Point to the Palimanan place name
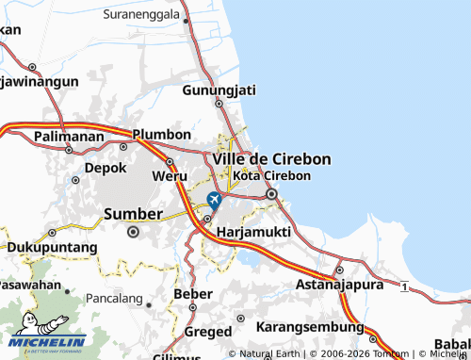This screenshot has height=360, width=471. coord(69,137)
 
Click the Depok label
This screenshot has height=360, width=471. coord(105,168)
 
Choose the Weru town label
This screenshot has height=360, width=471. coord(170,176)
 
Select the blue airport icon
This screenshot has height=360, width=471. coord(215,200)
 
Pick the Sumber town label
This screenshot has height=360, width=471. coord(132,213)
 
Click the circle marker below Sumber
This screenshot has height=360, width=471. coord(133,231)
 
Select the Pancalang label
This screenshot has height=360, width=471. coord(113,299)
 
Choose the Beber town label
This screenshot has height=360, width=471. coord(193,295)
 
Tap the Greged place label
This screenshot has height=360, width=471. coord(207,332)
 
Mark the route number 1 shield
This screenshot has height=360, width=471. coord(403,286)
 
